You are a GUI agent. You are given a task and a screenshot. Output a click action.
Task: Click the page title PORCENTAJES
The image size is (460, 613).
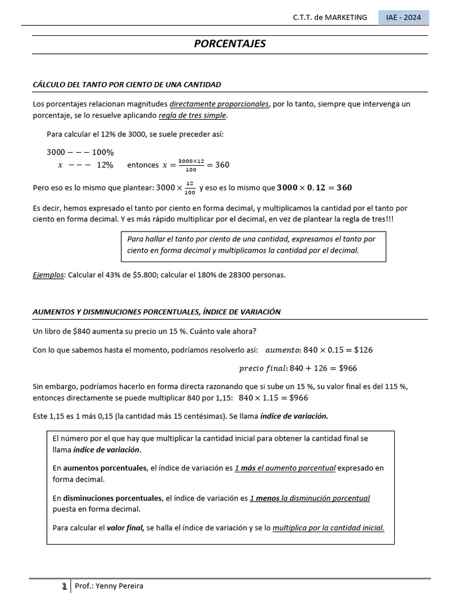click(x=230, y=44)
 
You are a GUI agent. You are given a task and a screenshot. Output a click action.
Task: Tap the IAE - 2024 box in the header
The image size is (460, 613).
click(x=404, y=17)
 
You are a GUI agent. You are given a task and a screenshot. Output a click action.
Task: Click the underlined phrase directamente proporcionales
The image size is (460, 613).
click(x=219, y=104)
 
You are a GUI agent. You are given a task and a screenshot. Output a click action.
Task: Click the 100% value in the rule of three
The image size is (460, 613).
click(x=102, y=152)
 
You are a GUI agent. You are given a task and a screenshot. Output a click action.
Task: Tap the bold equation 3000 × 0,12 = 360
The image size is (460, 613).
click(x=314, y=188)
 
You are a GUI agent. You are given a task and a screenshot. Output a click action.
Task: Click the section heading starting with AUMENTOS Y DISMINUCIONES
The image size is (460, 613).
click(x=156, y=312)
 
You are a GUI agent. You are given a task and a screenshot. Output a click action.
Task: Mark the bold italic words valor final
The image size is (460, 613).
click(x=125, y=528)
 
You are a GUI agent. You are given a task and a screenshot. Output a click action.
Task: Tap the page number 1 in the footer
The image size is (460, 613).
click(x=63, y=586)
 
